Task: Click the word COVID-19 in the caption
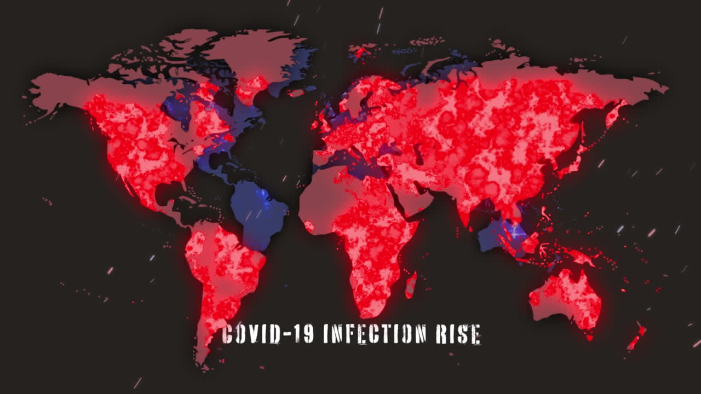coord(267,334)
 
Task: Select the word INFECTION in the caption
coord(375,334)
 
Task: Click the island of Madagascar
coord(411,285)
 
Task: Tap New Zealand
coord(637,338)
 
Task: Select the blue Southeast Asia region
coord(501,235)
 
